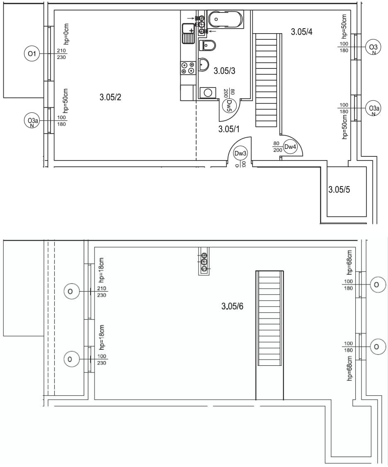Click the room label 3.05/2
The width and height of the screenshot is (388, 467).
point(110,97)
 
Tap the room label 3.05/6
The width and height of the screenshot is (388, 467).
point(232,306)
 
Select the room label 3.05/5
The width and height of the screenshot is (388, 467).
point(339,189)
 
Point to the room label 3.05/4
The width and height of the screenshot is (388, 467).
point(302,32)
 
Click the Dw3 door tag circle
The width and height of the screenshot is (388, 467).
point(240,154)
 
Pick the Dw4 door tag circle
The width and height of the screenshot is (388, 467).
point(290,146)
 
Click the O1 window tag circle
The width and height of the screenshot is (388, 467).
point(32,54)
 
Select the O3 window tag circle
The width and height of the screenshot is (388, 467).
point(373,47)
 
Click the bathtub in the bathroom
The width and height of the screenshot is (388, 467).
point(225,19)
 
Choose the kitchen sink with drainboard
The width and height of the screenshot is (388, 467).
point(188,33)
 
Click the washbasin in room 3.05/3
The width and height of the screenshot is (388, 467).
point(203,64)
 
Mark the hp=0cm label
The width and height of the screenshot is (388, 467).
point(66,34)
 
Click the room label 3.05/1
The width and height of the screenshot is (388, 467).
point(229,129)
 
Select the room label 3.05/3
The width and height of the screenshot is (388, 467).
point(225,71)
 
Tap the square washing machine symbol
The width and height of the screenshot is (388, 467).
point(208,92)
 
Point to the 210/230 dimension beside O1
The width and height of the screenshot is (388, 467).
point(61,54)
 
